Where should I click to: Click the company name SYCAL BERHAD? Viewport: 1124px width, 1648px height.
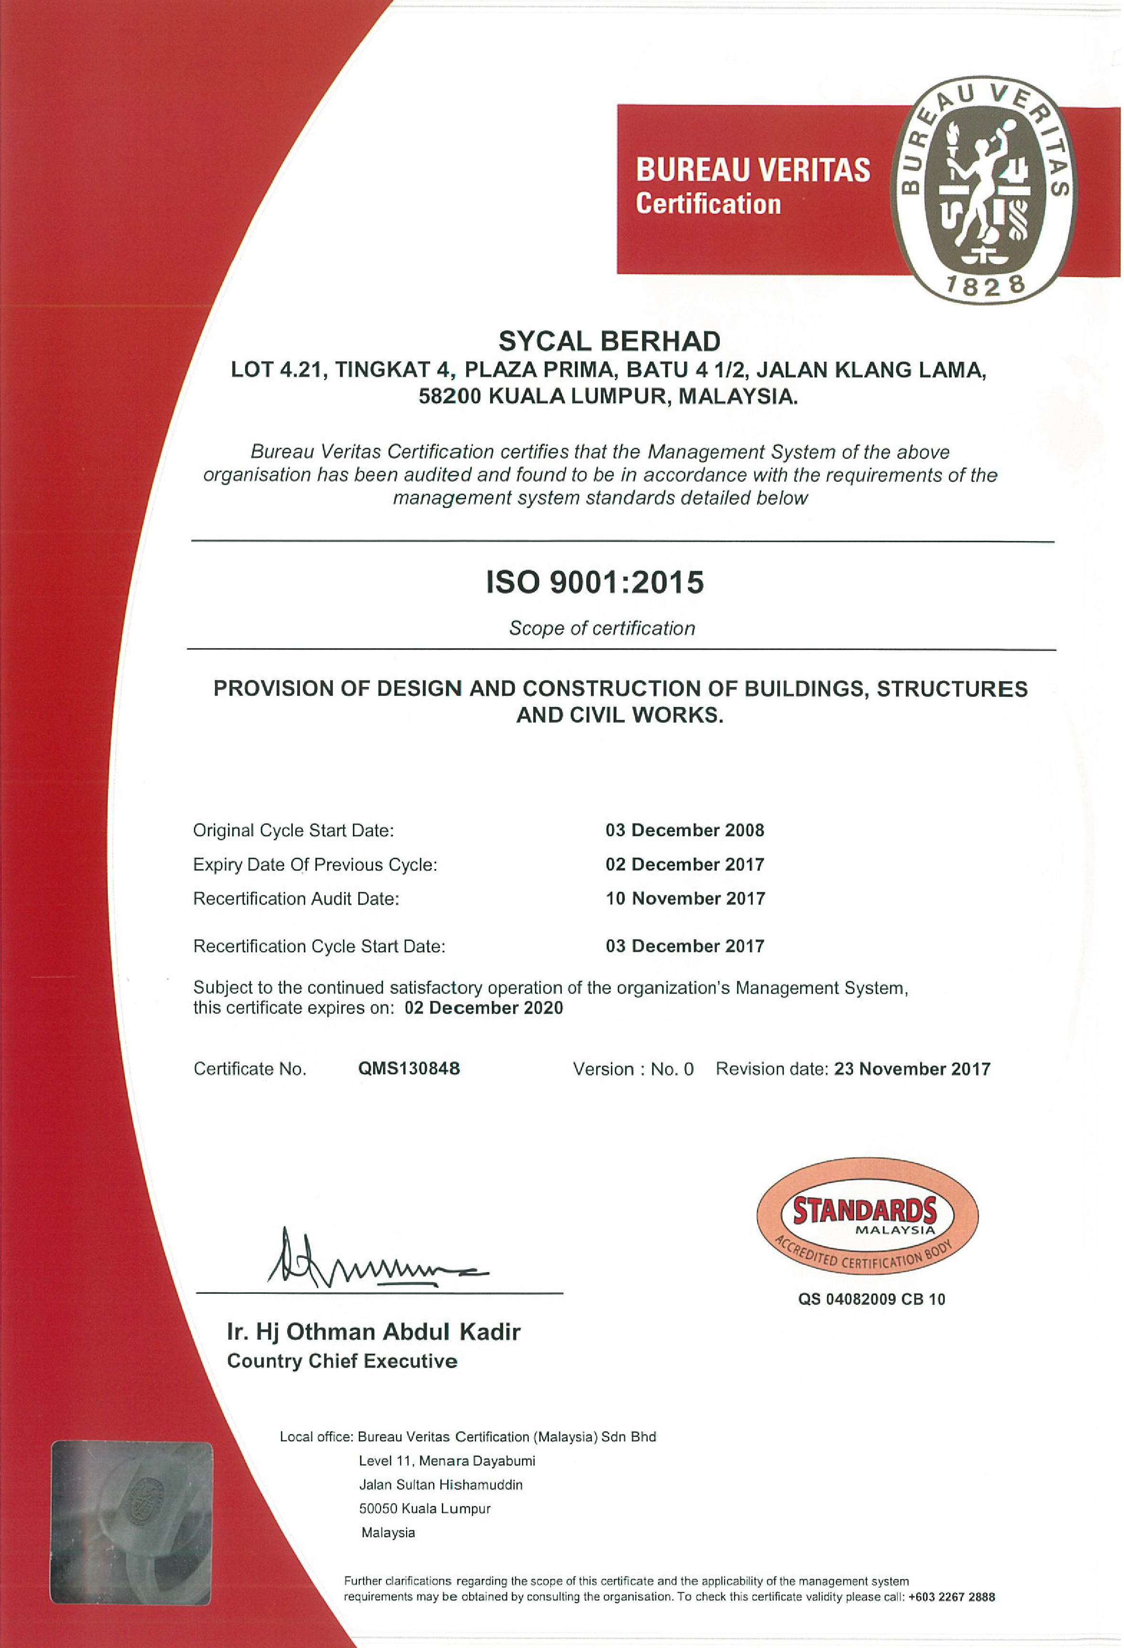tap(610, 342)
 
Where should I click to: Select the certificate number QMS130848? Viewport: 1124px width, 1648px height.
tap(409, 1069)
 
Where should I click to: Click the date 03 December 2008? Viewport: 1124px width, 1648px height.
tap(685, 830)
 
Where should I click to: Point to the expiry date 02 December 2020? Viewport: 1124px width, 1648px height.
tap(483, 1008)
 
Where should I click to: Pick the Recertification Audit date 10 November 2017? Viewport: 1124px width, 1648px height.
tap(685, 899)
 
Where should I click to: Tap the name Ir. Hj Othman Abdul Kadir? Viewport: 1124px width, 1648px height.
tap(374, 1332)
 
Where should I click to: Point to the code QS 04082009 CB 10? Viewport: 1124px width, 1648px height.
tap(872, 1299)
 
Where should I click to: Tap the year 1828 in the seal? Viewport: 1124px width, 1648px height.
tap(985, 285)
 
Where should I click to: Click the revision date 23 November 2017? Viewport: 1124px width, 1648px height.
tap(912, 1069)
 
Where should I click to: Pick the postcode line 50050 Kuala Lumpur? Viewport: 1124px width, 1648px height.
tap(425, 1508)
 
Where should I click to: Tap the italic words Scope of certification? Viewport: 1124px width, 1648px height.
tap(602, 629)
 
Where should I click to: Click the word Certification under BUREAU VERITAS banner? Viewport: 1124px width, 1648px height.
tap(708, 204)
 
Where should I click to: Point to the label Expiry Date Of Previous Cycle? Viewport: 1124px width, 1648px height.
tap(315, 865)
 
